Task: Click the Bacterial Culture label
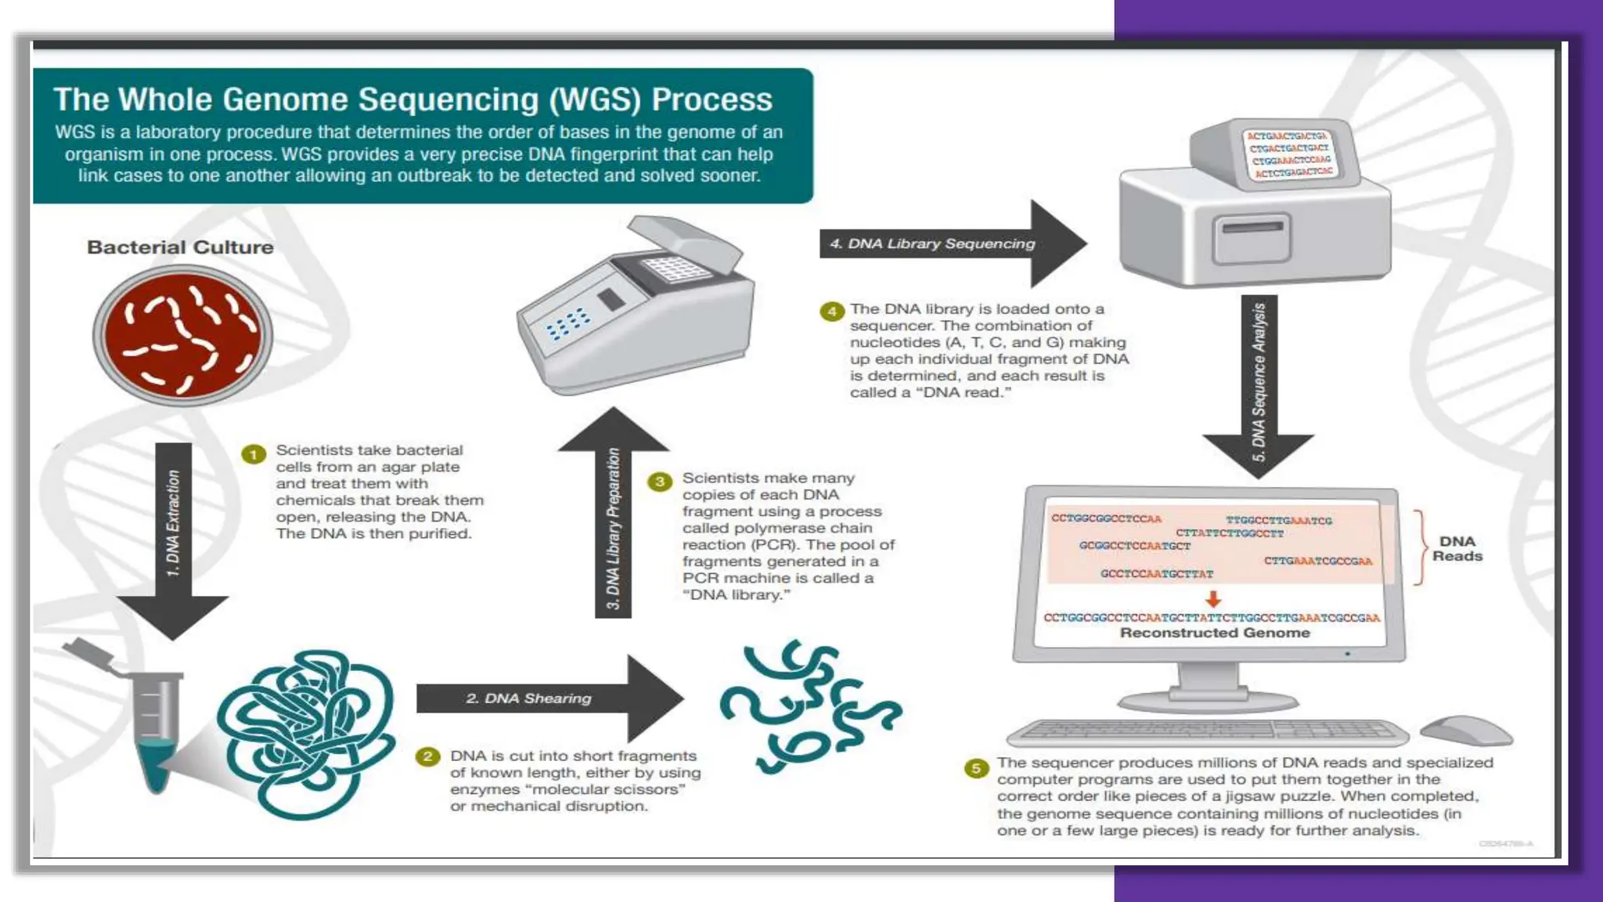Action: click(180, 247)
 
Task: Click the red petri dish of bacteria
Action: click(183, 335)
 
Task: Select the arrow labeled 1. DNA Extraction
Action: click(173, 532)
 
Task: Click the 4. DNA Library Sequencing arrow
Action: click(939, 244)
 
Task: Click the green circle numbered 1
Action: click(254, 454)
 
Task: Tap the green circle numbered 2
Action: click(427, 756)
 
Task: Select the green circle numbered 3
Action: click(660, 482)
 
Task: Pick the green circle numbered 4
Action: click(831, 312)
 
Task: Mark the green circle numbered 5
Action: click(975, 768)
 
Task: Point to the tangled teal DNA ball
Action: click(305, 732)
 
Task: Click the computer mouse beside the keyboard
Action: click(1465, 731)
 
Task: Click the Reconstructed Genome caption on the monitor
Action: click(1214, 633)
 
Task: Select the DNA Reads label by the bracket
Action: click(1457, 549)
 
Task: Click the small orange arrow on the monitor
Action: click(1213, 600)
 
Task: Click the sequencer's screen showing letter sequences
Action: click(1290, 154)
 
